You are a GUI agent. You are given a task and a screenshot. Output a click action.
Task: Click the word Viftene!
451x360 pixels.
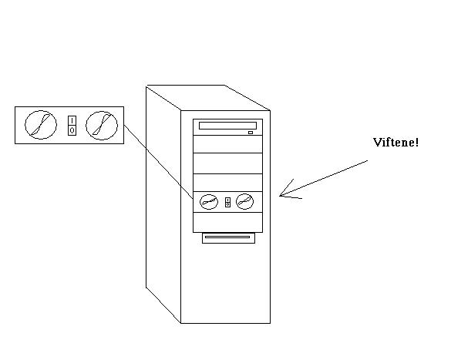[395, 143]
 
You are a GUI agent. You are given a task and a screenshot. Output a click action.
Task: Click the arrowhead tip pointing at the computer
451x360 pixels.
[280, 196]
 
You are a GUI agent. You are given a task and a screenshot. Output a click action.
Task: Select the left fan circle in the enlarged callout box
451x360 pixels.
[41, 125]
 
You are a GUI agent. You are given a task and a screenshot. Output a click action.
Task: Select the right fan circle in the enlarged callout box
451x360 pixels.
[102, 126]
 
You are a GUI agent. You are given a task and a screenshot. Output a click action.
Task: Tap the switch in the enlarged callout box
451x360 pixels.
[72, 126]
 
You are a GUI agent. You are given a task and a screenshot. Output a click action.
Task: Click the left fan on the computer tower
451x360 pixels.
[209, 201]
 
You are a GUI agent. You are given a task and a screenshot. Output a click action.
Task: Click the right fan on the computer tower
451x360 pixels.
[244, 201]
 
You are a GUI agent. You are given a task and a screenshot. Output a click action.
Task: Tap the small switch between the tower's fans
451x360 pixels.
[227, 202]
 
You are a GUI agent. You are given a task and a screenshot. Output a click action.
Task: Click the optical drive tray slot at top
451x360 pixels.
[227, 126]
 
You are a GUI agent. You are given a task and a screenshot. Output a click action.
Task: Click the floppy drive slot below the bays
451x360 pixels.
[228, 238]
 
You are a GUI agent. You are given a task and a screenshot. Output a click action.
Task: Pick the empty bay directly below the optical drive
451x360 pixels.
[227, 144]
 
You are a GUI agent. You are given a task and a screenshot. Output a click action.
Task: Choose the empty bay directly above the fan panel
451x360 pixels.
[227, 183]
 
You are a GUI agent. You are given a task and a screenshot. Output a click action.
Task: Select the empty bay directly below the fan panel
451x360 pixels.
[227, 222]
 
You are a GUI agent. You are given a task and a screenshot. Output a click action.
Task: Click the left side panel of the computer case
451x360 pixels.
[163, 204]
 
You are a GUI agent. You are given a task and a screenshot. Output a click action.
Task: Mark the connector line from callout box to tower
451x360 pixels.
[159, 162]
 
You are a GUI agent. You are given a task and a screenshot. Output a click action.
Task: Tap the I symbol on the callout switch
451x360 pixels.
[72, 120]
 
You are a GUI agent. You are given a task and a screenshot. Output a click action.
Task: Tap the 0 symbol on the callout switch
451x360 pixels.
[72, 130]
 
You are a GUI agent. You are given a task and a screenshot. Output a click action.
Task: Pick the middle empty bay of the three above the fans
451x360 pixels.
[227, 163]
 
